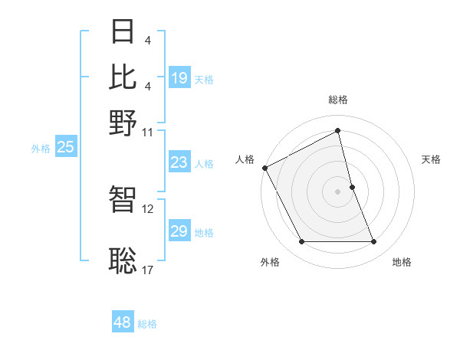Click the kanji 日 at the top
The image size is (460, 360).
123,33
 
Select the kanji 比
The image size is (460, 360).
123,77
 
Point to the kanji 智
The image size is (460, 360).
123,199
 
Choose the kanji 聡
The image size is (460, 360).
123,260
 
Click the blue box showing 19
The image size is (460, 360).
179,78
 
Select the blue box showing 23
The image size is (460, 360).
179,162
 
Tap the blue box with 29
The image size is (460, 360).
179,231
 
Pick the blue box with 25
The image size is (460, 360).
65,148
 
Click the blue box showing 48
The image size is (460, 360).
123,322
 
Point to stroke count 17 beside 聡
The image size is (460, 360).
148,270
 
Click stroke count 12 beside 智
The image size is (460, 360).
148,208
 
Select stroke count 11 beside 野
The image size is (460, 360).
148,132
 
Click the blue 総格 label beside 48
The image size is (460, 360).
147,324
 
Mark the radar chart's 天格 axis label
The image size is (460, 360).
432,159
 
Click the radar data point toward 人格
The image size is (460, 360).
264,168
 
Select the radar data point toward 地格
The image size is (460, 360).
374,242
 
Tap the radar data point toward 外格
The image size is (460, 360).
301,242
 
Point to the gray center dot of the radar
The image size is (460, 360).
338,191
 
